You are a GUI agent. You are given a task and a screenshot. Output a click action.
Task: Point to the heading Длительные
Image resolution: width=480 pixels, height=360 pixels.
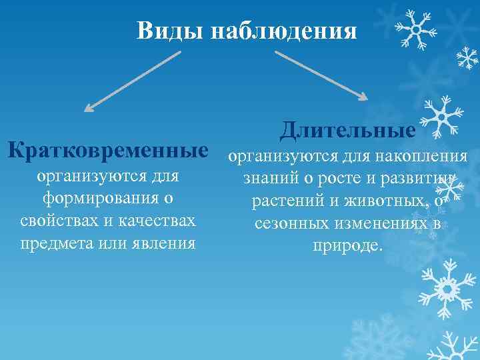347,129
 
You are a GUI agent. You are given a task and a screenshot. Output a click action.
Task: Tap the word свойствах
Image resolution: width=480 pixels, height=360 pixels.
55,221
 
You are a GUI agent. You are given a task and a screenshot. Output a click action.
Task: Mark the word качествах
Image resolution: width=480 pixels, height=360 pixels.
157,221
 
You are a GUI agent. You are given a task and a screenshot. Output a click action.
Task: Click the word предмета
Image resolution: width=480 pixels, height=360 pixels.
56,243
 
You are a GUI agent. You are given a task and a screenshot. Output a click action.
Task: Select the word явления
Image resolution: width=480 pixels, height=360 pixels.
163,243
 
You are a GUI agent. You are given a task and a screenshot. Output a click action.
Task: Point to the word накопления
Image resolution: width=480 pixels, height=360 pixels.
424,157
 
